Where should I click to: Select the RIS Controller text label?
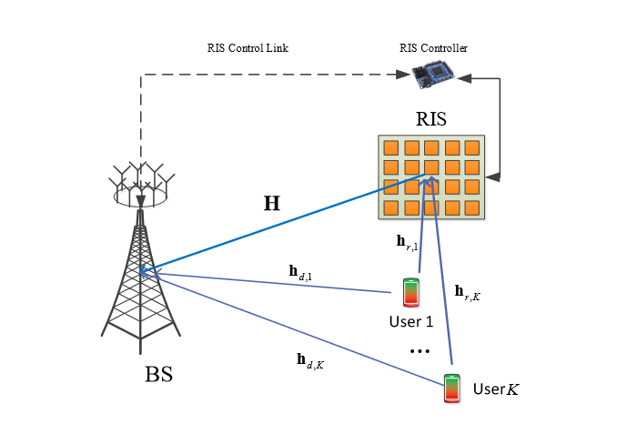coord(434,47)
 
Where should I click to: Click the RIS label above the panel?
coord(432,118)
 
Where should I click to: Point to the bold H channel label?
coord(271,205)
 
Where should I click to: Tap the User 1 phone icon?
coord(410,293)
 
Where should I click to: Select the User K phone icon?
coord(451,388)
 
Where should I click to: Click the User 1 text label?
coord(410,321)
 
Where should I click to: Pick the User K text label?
coord(495,390)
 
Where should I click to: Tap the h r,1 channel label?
coord(407,242)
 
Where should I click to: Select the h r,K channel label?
coord(467,292)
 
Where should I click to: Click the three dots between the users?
coord(420,351)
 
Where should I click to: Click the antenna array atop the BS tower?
coord(141,182)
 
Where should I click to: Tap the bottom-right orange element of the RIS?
coord(471,207)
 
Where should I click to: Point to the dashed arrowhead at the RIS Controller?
coord(404,75)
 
